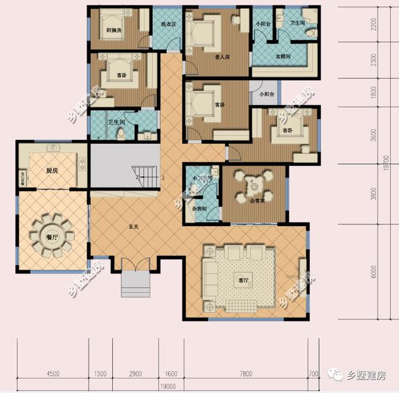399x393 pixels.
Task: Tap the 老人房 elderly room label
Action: [x=222, y=57]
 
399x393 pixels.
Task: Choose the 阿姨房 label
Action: [x=113, y=29]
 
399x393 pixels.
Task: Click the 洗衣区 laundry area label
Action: [x=169, y=25]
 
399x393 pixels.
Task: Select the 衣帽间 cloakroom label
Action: [x=285, y=57]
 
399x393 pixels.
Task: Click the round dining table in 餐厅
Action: [x=52, y=235]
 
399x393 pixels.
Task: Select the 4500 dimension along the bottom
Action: [x=52, y=374]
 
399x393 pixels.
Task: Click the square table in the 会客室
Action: [x=253, y=186]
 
